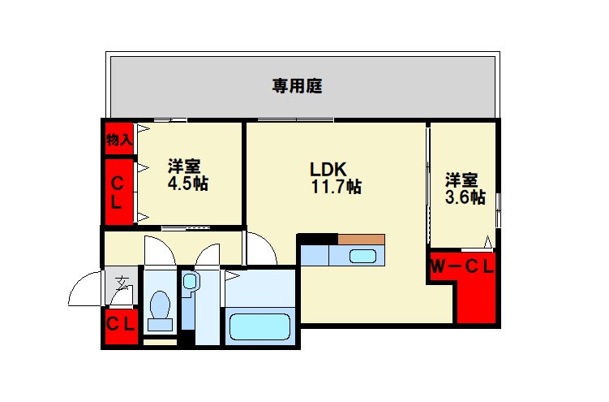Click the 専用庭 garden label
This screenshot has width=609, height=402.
tap(298, 86)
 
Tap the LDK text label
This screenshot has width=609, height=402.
tap(328, 170)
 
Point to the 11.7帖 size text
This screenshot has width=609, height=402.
tap(337, 188)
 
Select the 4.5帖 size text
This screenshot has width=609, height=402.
tap(187, 184)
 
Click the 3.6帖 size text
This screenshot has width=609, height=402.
tap(465, 197)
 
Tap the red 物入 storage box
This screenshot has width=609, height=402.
tap(118, 140)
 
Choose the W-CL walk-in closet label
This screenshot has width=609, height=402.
tap(461, 266)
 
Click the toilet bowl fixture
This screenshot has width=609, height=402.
tap(161, 309)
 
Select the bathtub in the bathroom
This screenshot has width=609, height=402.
tap(259, 326)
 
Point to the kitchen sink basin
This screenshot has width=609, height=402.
tap(362, 257)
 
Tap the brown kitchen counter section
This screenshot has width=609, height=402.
tap(362, 239)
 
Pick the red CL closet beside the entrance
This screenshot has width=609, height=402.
tap(121, 324)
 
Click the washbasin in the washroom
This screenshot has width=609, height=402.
tap(190, 283)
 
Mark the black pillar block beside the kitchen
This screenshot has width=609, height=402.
tap(317, 238)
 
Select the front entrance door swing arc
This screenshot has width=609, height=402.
tap(85, 290)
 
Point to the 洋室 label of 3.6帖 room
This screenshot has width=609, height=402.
tap(461, 179)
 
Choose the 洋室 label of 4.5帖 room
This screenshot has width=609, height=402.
tap(185, 166)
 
